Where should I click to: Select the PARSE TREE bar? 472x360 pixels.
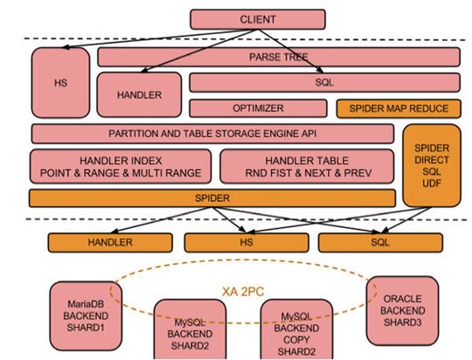tap(279, 57)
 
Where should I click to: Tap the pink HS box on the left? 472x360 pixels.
tap(60, 82)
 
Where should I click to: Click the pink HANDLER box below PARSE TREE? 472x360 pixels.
tap(139, 94)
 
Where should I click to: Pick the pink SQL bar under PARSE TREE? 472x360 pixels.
tap(324, 83)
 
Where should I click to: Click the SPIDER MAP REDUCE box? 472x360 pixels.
tap(398, 108)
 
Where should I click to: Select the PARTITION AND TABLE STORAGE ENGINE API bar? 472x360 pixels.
tap(212, 134)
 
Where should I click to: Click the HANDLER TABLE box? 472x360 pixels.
tap(307, 166)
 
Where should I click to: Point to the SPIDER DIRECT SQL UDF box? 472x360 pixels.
tap(431, 163)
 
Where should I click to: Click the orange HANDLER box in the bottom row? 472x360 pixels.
tap(109, 242)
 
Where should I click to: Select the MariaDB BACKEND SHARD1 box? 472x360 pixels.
tap(84, 311)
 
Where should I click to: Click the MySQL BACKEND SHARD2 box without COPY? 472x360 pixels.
tap(190, 332)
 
